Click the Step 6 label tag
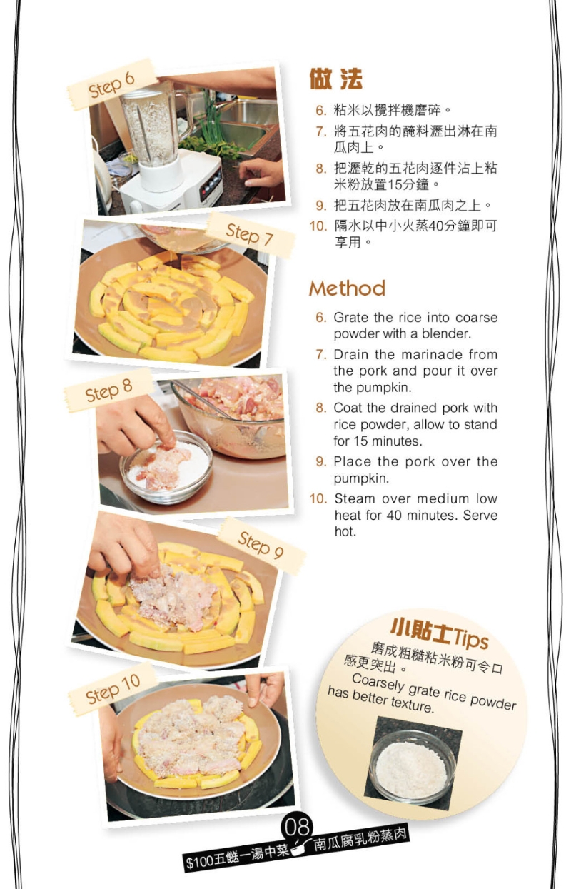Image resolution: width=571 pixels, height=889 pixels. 111,85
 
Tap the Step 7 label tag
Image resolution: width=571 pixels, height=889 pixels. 249,234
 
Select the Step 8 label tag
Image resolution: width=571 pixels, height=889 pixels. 108,391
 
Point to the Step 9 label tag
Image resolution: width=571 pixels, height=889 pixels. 260,546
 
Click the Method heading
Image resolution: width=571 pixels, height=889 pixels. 347,288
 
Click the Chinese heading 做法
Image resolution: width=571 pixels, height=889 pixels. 335,79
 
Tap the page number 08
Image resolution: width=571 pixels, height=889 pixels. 298,827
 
